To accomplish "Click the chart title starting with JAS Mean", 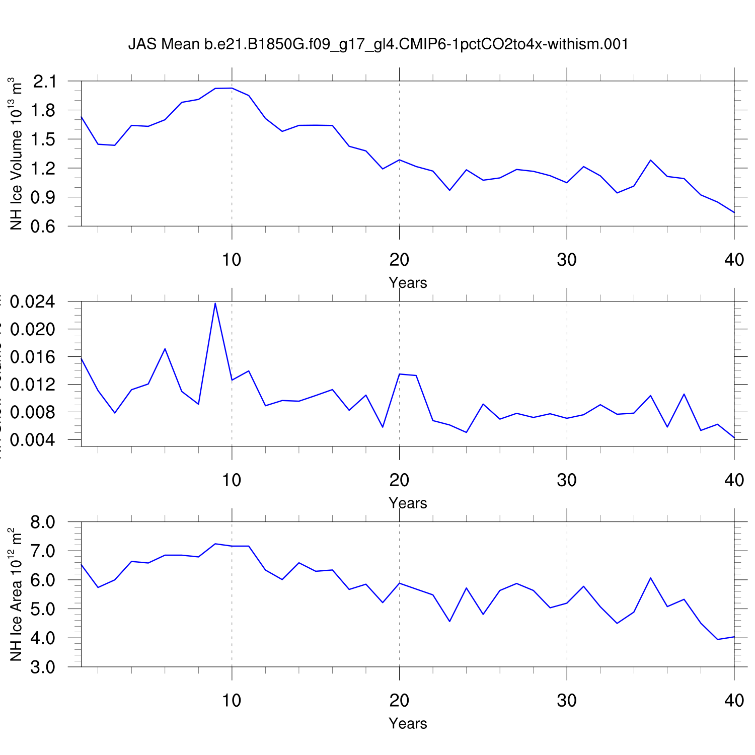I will click(x=378, y=44).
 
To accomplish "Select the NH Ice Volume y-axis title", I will click(x=16, y=154).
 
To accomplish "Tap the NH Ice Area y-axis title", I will click(x=16, y=594).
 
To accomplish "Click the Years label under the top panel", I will click(x=408, y=283).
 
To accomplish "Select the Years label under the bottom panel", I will click(x=408, y=723).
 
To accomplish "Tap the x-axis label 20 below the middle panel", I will click(x=399, y=480).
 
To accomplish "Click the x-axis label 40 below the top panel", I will click(x=734, y=260).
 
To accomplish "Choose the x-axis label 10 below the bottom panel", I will click(x=232, y=700).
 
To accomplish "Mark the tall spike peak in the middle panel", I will click(x=215, y=303).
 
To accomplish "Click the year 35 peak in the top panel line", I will click(x=650, y=160).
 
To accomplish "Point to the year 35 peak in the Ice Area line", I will click(x=650, y=578).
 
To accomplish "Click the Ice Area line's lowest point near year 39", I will click(x=717, y=639).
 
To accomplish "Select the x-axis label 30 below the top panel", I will click(x=567, y=260).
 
